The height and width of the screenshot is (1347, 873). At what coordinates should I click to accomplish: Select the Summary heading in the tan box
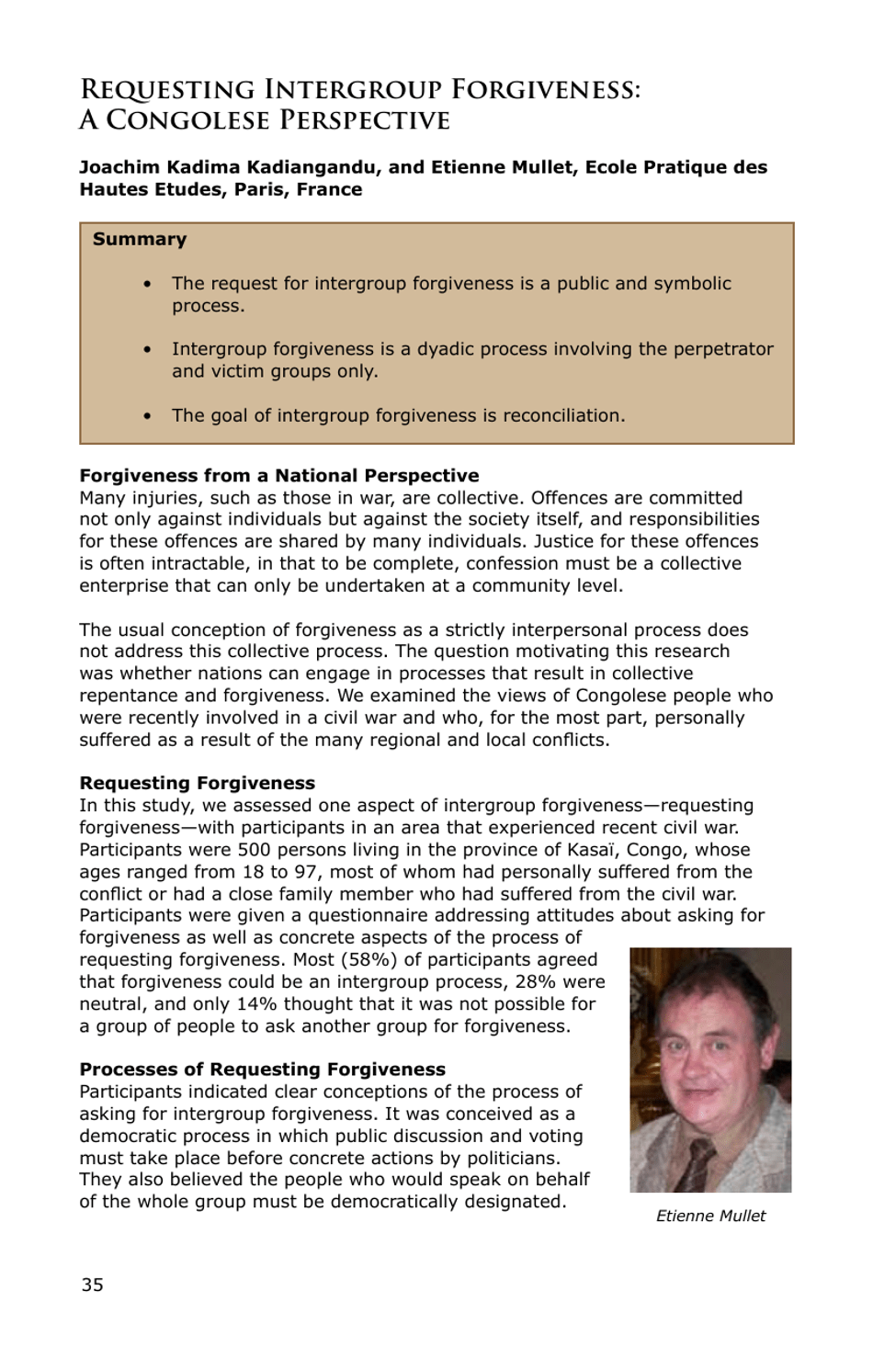coord(139,239)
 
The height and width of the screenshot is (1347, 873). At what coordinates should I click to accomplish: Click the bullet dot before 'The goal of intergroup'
coord(147,416)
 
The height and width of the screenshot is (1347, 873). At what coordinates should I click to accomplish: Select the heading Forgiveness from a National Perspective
coord(278,475)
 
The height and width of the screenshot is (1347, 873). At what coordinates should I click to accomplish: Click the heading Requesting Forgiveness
coord(197,783)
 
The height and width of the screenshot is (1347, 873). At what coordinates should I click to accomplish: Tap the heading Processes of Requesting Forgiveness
coord(262,1070)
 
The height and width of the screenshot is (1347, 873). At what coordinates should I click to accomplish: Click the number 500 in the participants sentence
coord(254,850)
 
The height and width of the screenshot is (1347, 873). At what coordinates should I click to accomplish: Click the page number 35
coord(92,1285)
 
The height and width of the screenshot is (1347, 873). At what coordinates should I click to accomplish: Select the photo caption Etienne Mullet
coord(710,1216)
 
